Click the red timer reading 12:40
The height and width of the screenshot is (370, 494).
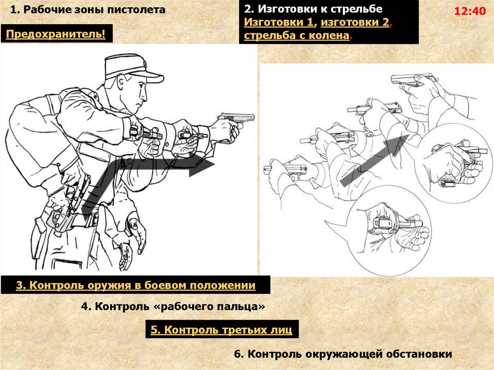click(x=470, y=12)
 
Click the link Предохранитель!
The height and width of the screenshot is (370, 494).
click(x=56, y=34)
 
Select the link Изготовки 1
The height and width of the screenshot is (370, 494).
click(x=279, y=22)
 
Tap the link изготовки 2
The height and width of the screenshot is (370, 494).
click(x=355, y=22)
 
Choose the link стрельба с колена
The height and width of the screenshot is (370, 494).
click(x=297, y=35)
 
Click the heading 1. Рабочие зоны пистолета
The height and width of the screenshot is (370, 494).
click(x=88, y=10)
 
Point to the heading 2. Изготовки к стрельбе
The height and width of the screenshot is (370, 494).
click(x=313, y=9)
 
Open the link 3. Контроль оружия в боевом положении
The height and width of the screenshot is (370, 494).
click(x=136, y=285)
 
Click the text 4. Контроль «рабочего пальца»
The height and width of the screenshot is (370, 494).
click(x=173, y=306)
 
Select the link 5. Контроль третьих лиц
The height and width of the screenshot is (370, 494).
click(x=221, y=329)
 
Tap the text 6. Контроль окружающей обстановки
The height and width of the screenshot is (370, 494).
click(x=343, y=354)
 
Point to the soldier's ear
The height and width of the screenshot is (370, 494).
click(x=122, y=84)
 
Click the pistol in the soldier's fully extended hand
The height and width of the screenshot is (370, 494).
click(x=237, y=119)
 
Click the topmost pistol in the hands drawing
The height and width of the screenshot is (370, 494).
click(x=413, y=80)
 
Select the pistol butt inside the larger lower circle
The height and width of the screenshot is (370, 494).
click(x=383, y=223)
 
